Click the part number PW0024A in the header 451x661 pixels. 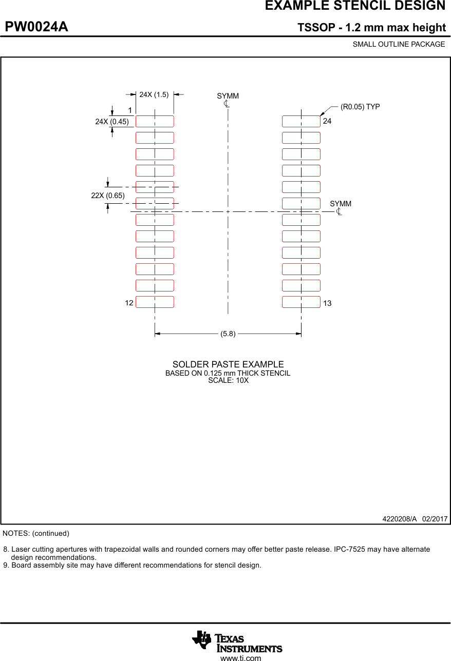(36, 27)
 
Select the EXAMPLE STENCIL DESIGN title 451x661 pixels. (355, 6)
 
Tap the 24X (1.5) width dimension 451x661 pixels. (154, 94)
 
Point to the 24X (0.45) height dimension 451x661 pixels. (112, 122)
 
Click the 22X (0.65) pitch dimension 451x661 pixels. (108, 196)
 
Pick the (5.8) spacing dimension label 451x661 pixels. (228, 334)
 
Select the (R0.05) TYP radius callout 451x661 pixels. (360, 107)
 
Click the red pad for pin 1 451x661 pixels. (155, 122)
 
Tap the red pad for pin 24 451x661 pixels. (301, 122)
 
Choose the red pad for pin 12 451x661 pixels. (155, 302)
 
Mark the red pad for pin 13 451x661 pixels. (301, 302)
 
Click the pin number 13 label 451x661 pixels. (327, 303)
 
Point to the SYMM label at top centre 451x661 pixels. (228, 96)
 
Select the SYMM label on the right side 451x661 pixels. (341, 204)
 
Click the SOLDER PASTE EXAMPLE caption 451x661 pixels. (228, 364)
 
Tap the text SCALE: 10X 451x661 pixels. (228, 381)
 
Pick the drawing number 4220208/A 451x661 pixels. (400, 519)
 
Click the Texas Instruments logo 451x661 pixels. (237, 641)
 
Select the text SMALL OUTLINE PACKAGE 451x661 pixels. (399, 44)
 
